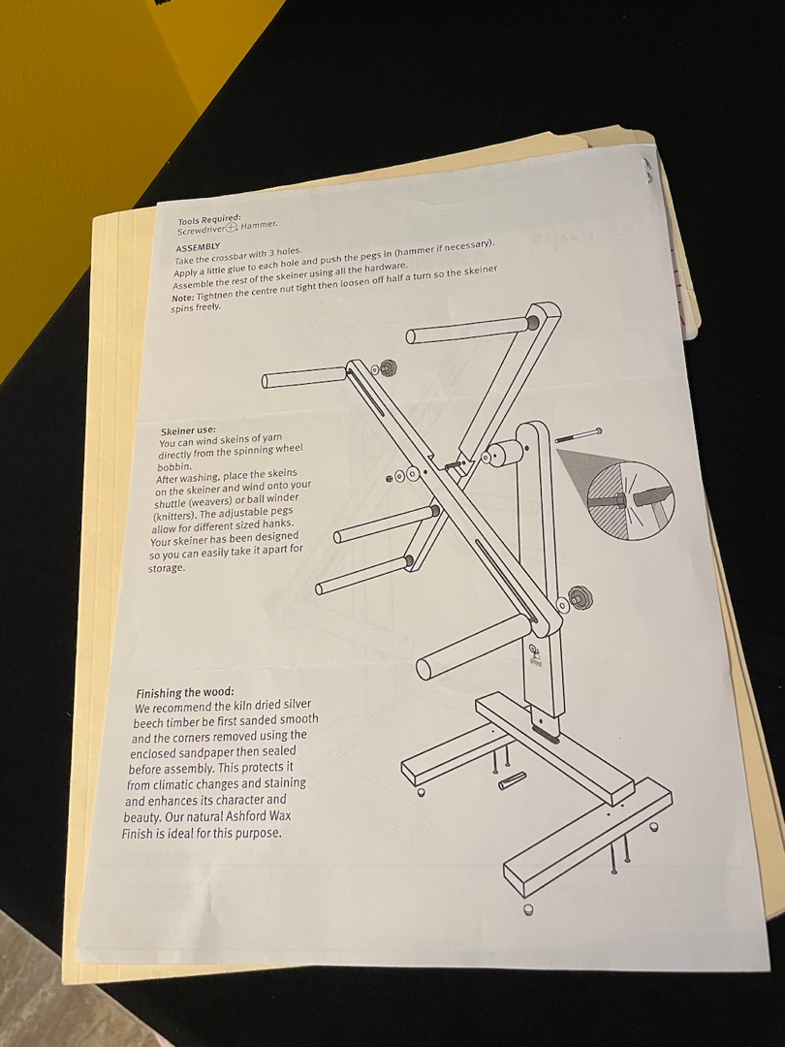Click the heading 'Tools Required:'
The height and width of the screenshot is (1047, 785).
tap(209, 220)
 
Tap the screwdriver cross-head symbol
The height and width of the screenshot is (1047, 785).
tap(231, 228)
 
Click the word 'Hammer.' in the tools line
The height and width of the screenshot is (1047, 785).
tap(259, 224)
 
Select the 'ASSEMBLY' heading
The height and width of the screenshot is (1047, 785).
tap(198, 247)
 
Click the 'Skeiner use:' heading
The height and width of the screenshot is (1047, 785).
tap(188, 430)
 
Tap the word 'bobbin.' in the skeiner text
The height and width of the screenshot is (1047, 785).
tap(174, 466)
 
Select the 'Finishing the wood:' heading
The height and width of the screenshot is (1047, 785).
tap(185, 693)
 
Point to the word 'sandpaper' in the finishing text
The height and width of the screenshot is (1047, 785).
tap(202, 752)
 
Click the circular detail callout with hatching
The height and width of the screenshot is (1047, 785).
tap(630, 500)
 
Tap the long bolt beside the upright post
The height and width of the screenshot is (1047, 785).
tap(578, 434)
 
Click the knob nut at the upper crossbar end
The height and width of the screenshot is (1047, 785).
tap(385, 367)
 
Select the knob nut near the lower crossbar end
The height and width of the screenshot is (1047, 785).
tap(581, 597)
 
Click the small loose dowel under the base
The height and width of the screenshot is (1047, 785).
tap(513, 780)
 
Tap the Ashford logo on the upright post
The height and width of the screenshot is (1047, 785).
tap(535, 655)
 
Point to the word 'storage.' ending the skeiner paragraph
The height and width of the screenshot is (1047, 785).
tap(167, 568)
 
